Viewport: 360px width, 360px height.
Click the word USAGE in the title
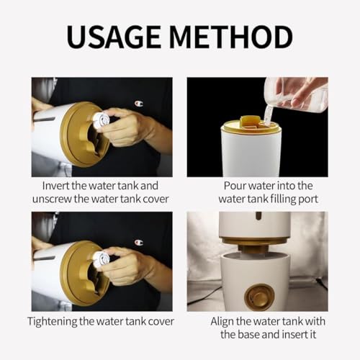(x=114, y=37)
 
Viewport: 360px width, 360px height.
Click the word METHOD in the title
(x=231, y=37)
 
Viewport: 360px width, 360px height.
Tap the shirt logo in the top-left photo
(x=139, y=104)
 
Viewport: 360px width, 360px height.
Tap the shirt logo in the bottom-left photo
(x=139, y=242)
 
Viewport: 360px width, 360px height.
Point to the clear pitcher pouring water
(x=297, y=96)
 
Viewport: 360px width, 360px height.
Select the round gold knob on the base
(x=259, y=296)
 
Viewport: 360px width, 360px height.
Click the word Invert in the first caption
(x=55, y=186)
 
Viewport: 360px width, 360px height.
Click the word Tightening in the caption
(x=52, y=322)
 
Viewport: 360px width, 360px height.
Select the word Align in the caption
(x=222, y=321)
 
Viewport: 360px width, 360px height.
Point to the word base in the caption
(x=250, y=335)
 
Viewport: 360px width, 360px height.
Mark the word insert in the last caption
(x=294, y=335)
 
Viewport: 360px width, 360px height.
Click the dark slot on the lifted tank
(x=258, y=216)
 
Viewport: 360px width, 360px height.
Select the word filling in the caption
(x=283, y=199)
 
